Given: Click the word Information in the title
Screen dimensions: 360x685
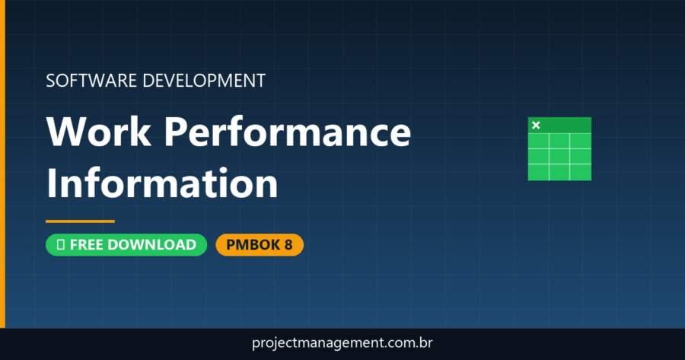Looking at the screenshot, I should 162,183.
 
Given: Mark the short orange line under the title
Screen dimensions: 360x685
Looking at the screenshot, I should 80,221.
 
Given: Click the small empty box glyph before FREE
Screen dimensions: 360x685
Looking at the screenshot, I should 59,245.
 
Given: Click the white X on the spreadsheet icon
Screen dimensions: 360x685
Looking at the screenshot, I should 536,125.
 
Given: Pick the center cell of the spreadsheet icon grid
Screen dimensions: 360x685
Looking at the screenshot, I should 559,156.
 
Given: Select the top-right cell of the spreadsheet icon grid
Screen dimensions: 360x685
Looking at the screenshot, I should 580,142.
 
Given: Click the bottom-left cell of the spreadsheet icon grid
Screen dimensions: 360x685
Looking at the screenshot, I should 538,171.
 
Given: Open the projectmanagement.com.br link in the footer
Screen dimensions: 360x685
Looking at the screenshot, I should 342,343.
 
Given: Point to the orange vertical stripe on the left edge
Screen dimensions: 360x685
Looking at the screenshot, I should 2,164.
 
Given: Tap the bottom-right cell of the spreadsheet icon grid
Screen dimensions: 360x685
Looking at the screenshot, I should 580,171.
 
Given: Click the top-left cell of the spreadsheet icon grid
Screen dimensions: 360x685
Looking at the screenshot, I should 538,142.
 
